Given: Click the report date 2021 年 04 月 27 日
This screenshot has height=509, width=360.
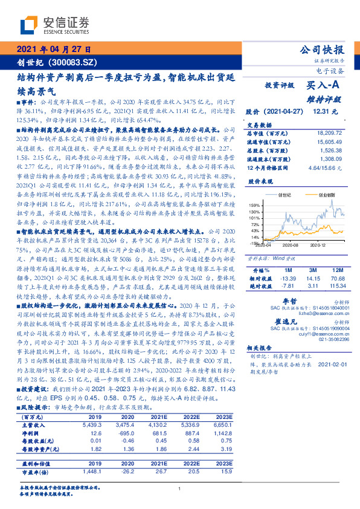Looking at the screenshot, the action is (x=53, y=50).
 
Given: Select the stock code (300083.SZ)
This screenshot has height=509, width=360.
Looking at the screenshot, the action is (x=72, y=62).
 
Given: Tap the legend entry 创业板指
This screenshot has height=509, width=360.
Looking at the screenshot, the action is (x=327, y=196).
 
